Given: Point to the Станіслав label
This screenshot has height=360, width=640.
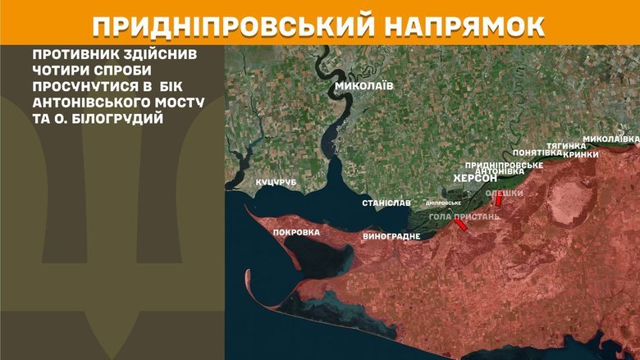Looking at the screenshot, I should [x=386, y=203].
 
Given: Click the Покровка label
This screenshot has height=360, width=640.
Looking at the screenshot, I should [x=296, y=232].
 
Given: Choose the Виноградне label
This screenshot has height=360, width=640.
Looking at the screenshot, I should [x=391, y=236].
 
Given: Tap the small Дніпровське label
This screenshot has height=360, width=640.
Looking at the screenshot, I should [x=443, y=203].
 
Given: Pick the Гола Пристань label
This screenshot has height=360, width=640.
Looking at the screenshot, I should [x=464, y=216].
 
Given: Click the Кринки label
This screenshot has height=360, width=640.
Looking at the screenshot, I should [x=582, y=153].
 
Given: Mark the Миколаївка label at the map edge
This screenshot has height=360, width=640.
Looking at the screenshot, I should [x=610, y=139].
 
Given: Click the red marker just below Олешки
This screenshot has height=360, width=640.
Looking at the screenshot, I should [x=498, y=202].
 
